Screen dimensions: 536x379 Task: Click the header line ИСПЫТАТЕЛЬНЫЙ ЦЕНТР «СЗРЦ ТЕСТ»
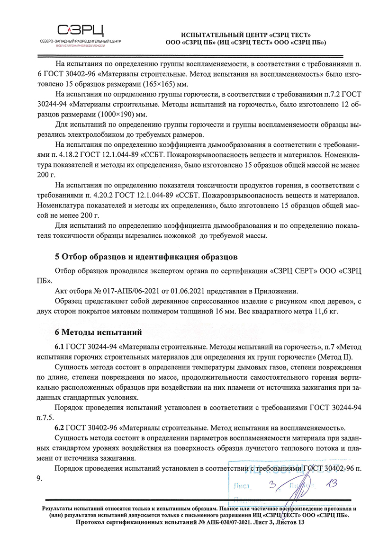(x=246, y=35)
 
